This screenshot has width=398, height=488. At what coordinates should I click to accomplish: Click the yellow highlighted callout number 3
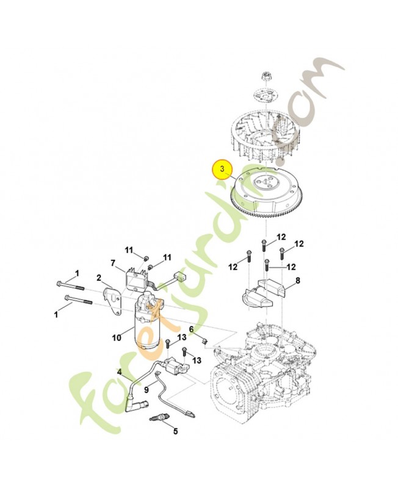[223, 169]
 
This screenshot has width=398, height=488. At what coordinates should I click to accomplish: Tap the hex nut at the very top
[267, 77]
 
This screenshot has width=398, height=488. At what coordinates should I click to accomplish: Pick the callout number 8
[297, 281]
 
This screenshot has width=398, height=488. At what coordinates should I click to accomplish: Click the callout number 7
[113, 263]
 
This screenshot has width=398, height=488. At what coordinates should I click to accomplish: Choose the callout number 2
[98, 278]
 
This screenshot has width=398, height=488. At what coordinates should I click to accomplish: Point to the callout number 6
[191, 329]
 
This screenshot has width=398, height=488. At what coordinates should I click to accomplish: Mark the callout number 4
[120, 371]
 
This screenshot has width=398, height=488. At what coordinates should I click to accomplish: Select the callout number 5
[175, 432]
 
